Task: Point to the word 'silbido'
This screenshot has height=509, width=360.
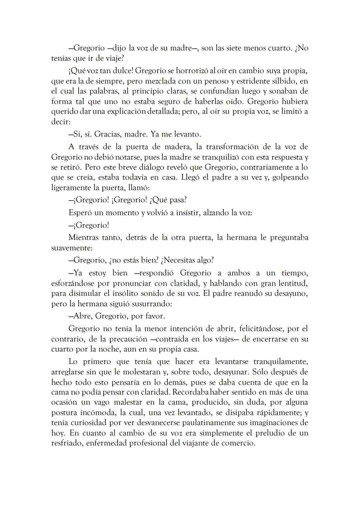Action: coord(282,81)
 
